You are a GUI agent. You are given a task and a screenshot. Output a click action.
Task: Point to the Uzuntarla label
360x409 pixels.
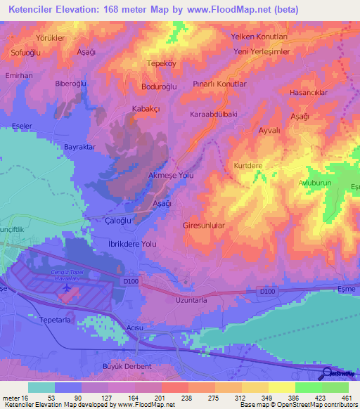point(191,300)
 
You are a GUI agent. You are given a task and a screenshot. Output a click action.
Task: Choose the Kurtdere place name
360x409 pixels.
point(248,166)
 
